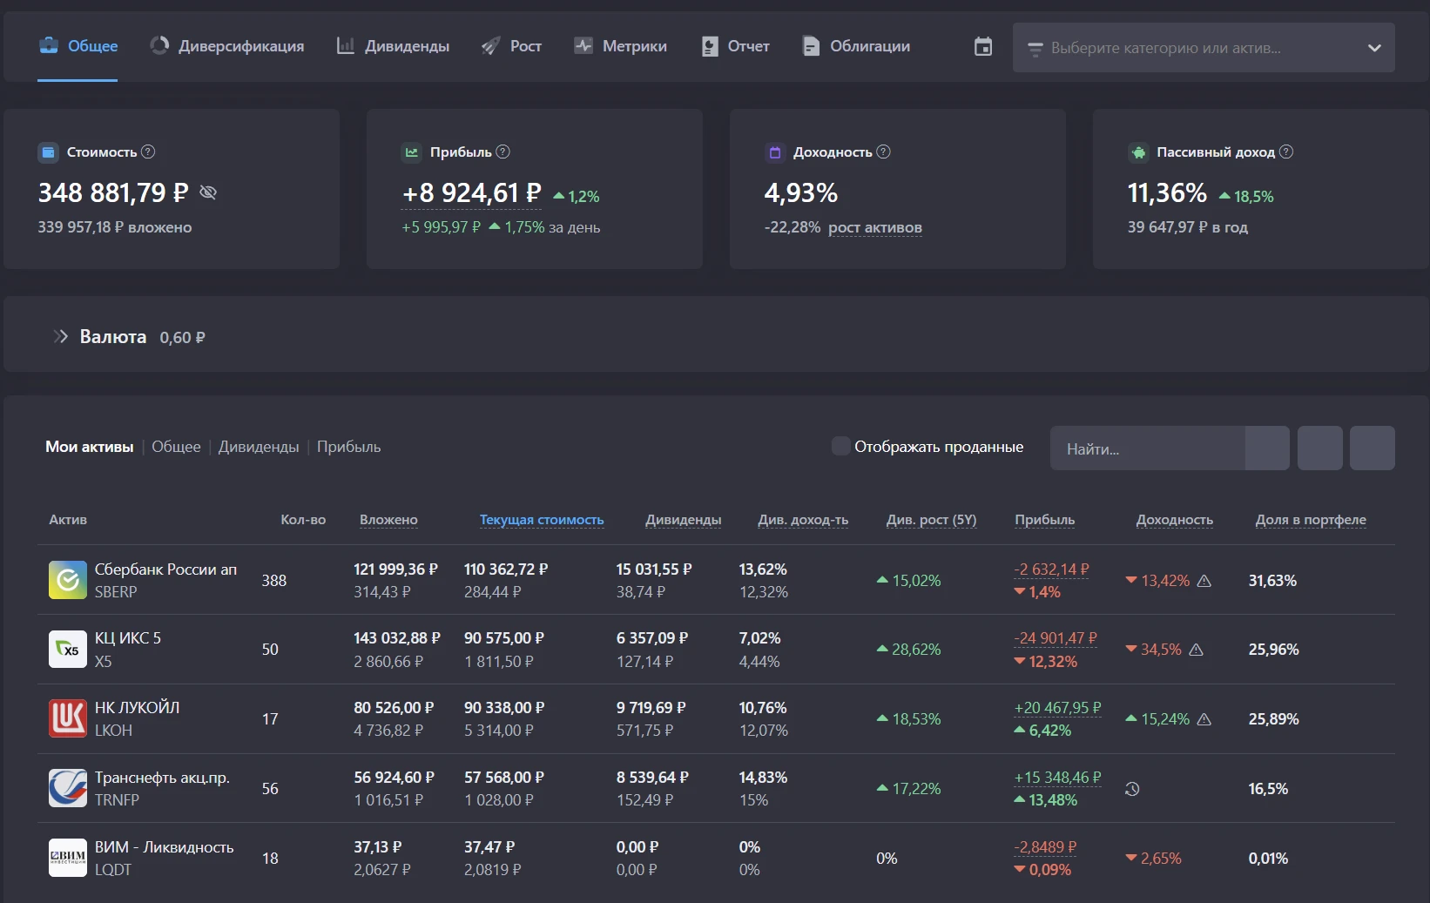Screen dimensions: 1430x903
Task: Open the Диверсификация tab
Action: (226, 46)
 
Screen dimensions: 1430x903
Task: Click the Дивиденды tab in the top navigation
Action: (393, 46)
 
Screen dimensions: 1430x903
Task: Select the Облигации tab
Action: (856, 46)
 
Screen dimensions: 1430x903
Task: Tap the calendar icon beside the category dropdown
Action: (983, 46)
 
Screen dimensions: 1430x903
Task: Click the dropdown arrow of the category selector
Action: (1374, 48)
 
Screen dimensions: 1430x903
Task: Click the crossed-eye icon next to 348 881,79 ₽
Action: (208, 192)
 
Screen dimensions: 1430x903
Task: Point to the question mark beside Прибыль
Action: (503, 152)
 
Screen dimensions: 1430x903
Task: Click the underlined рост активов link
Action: (874, 227)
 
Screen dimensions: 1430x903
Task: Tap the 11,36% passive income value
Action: (1167, 192)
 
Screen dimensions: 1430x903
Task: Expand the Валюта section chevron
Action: (61, 336)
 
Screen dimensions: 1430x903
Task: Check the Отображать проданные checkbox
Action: (840, 446)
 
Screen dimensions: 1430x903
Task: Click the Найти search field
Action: (1147, 448)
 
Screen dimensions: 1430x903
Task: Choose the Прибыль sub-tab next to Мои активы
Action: (348, 447)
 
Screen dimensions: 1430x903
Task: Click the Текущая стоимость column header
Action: (542, 520)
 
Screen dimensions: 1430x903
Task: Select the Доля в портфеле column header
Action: (1311, 520)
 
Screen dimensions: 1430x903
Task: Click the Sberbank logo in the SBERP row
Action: (68, 579)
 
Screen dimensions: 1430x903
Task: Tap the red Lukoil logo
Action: (68, 718)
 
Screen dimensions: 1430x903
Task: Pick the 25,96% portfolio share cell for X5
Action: (1273, 649)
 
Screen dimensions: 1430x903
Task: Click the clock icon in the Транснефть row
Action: (1132, 789)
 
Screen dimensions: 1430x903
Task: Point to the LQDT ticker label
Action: (113, 869)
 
